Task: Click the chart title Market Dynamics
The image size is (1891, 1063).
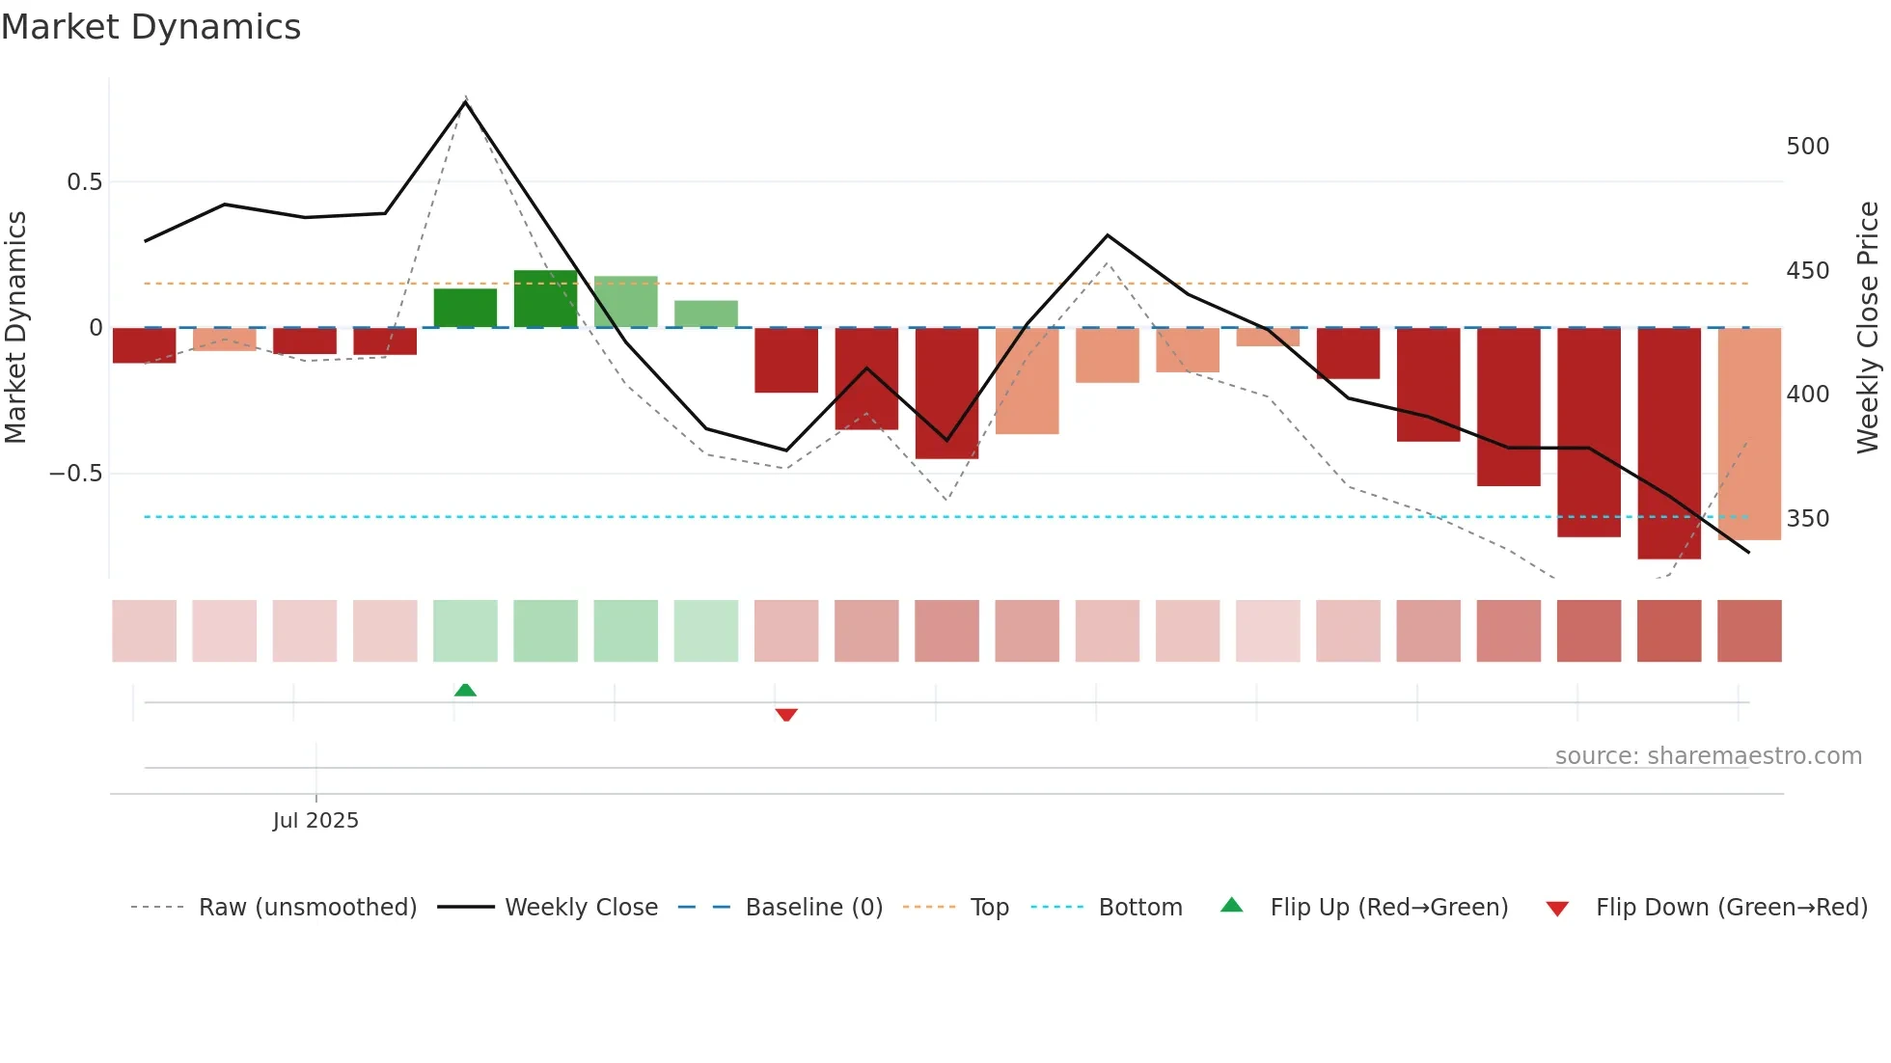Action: [x=151, y=27]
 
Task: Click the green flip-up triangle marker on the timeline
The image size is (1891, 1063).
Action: [x=465, y=690]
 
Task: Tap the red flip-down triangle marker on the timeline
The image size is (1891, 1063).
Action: [x=786, y=715]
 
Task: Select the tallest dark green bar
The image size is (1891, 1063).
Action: [x=545, y=299]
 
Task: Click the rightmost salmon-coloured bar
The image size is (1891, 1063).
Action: [x=1749, y=434]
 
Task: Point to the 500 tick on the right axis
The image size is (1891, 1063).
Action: [x=1807, y=147]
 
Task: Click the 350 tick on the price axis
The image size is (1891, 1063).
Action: [x=1807, y=519]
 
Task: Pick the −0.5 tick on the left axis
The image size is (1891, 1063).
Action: [x=75, y=474]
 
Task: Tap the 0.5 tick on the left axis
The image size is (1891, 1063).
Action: [x=84, y=182]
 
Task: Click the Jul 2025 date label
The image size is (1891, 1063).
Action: [x=315, y=821]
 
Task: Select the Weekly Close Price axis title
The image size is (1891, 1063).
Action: [x=1868, y=328]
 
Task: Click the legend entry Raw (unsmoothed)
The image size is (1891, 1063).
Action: [x=307, y=908]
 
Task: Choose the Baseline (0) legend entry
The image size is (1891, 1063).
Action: [x=813, y=908]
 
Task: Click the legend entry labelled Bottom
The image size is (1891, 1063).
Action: [x=1139, y=908]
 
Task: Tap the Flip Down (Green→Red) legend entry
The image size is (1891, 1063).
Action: [x=1731, y=908]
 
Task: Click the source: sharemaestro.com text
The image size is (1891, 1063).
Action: [x=1708, y=756]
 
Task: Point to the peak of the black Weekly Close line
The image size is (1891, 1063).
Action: [x=465, y=101]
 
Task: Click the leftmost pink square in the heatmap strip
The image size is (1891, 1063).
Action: [x=145, y=631]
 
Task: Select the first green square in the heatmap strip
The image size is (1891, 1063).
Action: [x=465, y=631]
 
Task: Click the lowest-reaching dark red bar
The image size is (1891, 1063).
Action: [x=1668, y=444]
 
